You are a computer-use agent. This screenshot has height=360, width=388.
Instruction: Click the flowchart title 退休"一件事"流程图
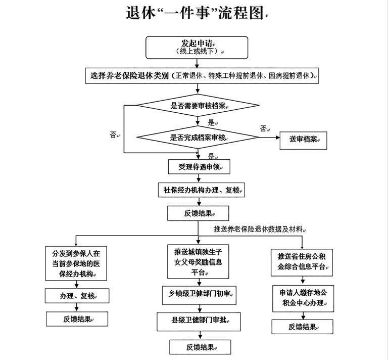tap(195, 13)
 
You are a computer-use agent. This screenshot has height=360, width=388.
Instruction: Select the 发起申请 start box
tap(197, 47)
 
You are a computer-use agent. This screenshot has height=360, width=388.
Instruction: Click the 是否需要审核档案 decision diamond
tap(198, 106)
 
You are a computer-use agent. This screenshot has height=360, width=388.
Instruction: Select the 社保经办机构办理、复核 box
tap(201, 190)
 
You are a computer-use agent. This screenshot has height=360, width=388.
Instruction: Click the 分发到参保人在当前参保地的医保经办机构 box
tap(76, 263)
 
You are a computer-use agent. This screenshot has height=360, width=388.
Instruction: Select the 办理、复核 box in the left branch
tap(77, 295)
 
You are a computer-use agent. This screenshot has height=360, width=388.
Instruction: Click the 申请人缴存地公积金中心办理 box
tap(302, 298)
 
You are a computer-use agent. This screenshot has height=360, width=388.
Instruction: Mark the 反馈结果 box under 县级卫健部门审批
tap(201, 347)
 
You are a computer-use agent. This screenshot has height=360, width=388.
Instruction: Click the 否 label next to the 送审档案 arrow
tap(264, 128)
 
